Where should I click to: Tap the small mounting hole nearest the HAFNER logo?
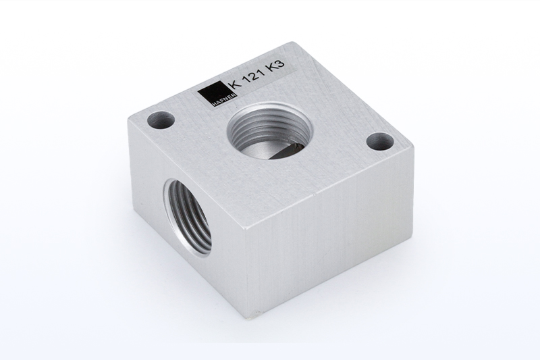(161, 120)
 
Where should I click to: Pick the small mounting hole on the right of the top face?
(380, 142)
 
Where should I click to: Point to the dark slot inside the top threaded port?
(286, 151)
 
